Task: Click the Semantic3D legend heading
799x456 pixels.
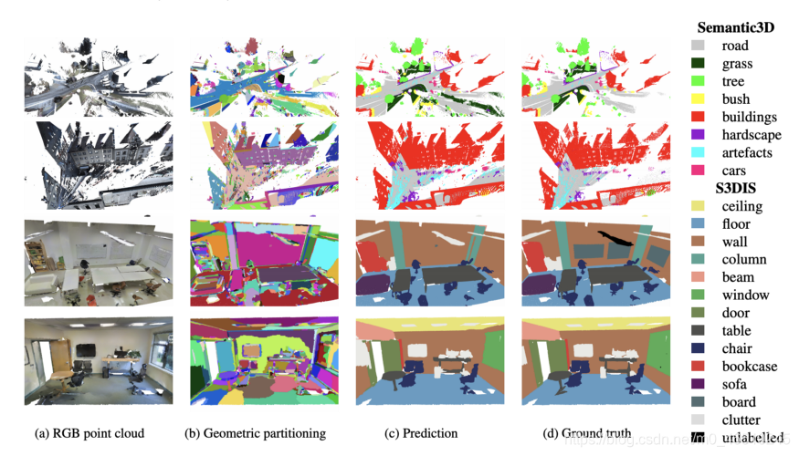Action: click(x=735, y=27)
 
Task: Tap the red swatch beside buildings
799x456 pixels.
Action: click(x=698, y=117)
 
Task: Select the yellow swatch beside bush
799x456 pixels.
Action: click(x=698, y=98)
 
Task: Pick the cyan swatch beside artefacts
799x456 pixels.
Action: click(x=698, y=152)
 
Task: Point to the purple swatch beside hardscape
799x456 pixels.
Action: click(x=698, y=135)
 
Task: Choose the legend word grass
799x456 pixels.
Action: click(x=737, y=64)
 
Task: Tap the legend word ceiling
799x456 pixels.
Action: click(x=741, y=206)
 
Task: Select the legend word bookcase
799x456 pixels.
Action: click(x=749, y=366)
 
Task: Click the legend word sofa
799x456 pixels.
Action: click(x=734, y=384)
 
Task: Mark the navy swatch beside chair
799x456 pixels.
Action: click(x=698, y=348)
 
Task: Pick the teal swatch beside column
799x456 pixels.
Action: click(x=698, y=259)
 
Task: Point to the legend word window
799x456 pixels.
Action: click(x=744, y=295)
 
